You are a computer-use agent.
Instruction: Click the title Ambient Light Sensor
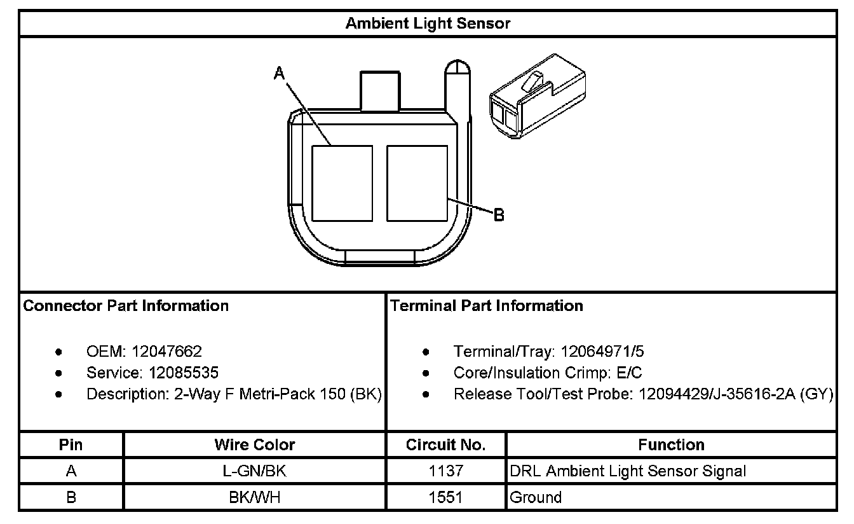point(428,24)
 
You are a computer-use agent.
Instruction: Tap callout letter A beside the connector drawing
point(280,73)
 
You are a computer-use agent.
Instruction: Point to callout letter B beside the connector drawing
point(499,215)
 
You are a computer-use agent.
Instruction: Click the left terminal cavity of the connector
point(342,183)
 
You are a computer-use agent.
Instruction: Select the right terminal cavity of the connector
point(417,183)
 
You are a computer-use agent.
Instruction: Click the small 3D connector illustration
point(538,96)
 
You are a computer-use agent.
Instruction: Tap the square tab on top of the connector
point(380,91)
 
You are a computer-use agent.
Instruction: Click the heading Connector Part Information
point(126,306)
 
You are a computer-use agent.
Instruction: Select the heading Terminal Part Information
point(487,306)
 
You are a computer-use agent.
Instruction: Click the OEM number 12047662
point(166,352)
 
